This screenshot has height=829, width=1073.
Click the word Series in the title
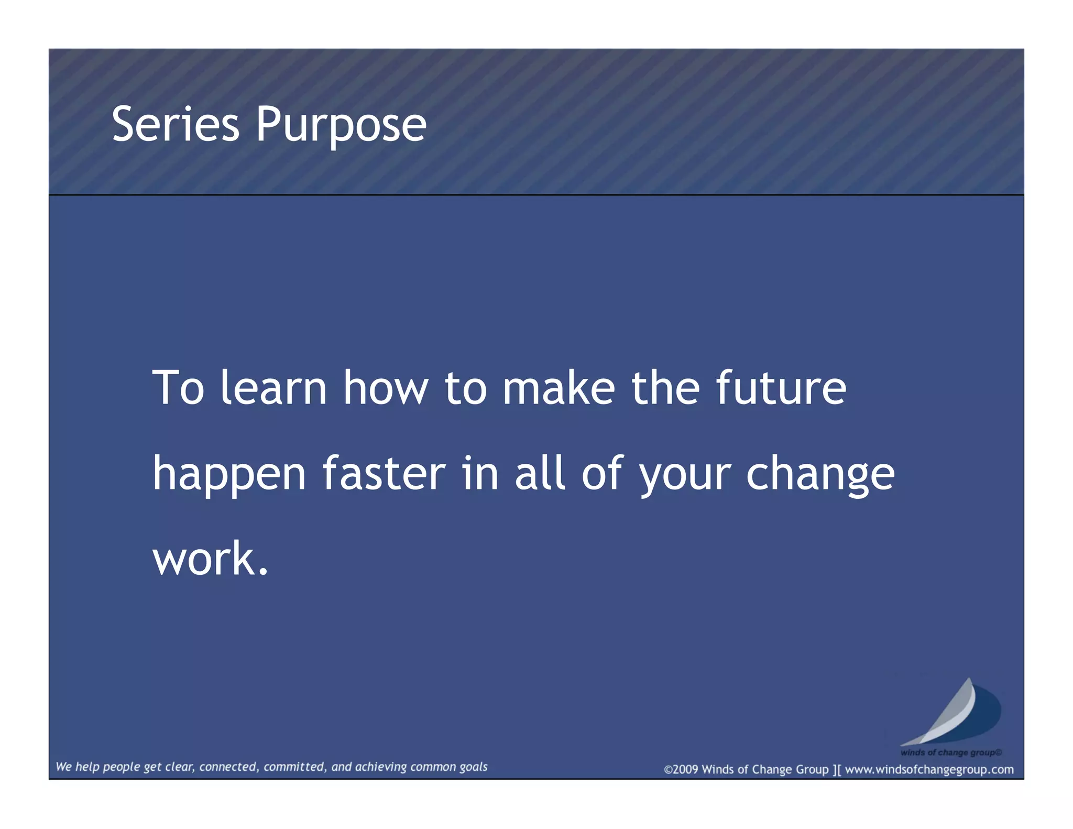click(176, 124)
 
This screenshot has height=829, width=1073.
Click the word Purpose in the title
click(341, 126)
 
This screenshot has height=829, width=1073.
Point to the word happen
click(229, 475)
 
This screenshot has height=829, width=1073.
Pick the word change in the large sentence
click(820, 475)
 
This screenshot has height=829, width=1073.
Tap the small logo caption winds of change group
click(950, 752)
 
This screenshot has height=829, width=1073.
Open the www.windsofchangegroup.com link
click(929, 770)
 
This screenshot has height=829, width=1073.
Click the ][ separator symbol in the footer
click(836, 770)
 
